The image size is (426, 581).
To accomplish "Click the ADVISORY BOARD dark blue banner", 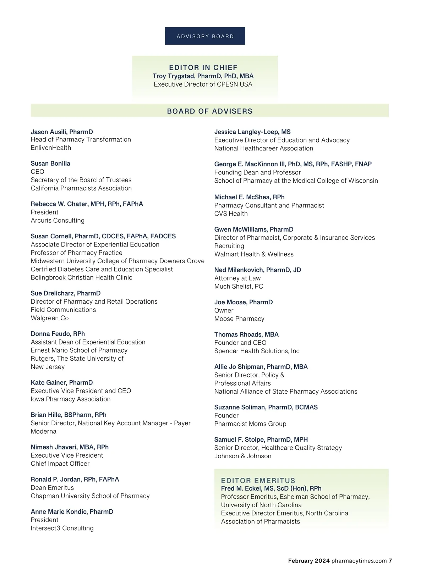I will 205,36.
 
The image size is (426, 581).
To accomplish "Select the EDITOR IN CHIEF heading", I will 203,67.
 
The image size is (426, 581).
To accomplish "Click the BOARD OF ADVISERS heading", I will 209,111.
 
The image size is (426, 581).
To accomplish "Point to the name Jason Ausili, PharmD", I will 62,132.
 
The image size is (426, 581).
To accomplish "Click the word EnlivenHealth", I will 51,148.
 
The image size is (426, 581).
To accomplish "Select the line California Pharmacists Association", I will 81,188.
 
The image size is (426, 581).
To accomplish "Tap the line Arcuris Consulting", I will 58,220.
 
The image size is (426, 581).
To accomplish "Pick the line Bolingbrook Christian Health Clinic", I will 81,277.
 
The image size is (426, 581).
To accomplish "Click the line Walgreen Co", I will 50,318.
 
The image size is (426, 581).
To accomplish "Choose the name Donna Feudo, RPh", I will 58,334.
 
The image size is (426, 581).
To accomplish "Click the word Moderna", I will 44,431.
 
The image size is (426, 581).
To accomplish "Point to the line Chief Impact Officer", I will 60,464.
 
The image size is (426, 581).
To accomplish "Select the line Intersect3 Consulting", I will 62,528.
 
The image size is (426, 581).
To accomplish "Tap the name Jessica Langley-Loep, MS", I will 252,132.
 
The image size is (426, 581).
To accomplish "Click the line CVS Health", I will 231,214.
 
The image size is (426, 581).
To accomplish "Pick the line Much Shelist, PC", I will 239,286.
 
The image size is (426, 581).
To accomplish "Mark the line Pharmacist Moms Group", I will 250,424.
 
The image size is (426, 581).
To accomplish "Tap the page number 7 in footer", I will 390,561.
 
